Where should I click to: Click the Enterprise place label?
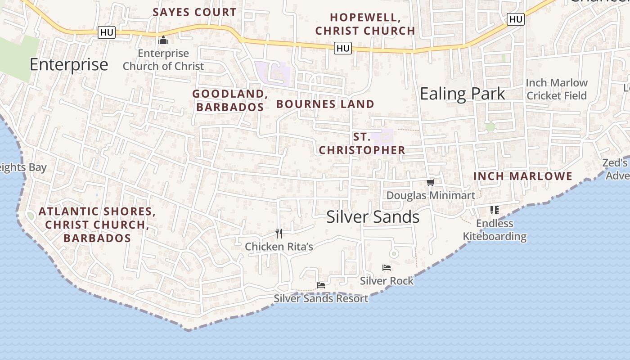[x=69, y=65]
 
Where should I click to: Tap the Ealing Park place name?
[x=462, y=94]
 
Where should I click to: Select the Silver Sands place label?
[x=373, y=217]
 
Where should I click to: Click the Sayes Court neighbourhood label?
[x=194, y=12]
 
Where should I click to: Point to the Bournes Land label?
[x=325, y=104]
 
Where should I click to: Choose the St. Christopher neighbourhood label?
[x=362, y=144]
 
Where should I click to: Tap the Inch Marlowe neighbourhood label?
[x=523, y=176]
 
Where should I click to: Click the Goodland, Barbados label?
[x=230, y=100]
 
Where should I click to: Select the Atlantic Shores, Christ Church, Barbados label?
[x=97, y=225]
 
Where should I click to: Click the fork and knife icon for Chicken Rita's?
[x=279, y=233]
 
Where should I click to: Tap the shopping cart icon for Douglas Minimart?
[x=431, y=182]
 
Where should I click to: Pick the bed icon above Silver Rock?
[x=387, y=268]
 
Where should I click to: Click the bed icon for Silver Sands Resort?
[x=321, y=285]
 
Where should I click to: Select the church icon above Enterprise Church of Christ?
[x=163, y=40]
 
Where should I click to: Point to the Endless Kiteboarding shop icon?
[x=495, y=210]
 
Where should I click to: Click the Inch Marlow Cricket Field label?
[x=557, y=89]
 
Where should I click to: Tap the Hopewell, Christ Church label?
[x=365, y=24]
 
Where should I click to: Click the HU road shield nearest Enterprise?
[x=107, y=32]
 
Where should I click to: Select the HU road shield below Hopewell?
[x=342, y=48]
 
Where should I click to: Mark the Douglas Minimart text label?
[x=431, y=195]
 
